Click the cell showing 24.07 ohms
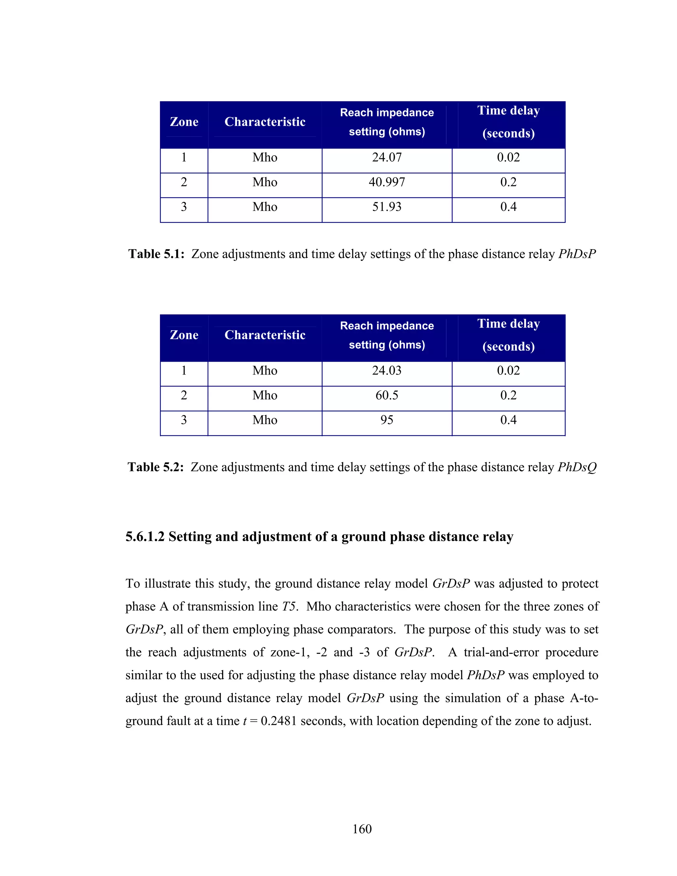387,157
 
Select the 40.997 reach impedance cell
387,182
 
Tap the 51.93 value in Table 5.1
387,207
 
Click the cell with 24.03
387,370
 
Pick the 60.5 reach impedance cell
387,395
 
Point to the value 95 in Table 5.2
387,420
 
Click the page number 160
362,829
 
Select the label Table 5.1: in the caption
156,254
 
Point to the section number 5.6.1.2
145,537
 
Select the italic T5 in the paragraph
289,607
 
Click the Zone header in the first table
184,122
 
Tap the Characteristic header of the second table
265,335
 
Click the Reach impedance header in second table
387,326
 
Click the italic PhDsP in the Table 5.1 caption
577,254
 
